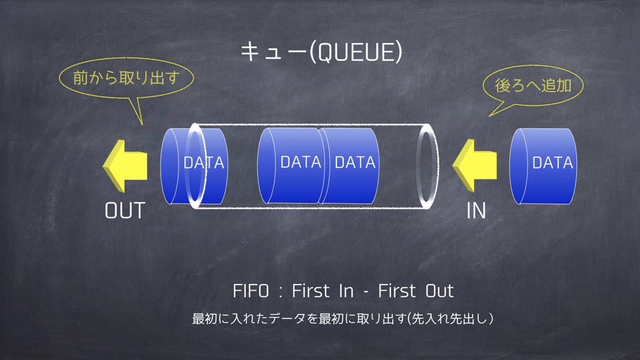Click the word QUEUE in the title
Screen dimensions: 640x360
pos(355,52)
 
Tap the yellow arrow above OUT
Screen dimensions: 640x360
pos(125,166)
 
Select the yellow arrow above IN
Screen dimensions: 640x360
pos(475,166)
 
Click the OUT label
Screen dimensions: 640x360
pos(125,211)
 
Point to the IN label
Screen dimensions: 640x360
pos(476,211)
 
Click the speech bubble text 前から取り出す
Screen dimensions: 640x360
pos(127,78)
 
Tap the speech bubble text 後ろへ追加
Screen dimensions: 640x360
pos(533,86)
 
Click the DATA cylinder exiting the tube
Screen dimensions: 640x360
pos(194,166)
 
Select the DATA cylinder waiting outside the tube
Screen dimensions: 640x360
pos(543,166)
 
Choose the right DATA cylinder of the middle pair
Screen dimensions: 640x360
pos(348,165)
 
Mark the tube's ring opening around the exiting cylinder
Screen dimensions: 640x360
pos(188,166)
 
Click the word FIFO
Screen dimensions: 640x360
pos(251,291)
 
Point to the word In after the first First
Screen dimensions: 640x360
pos(346,291)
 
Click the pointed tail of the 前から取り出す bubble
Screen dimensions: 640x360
pos(142,124)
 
